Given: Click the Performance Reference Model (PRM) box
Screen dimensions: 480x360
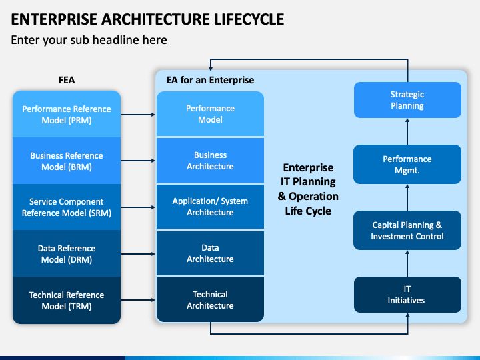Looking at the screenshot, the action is [x=67, y=114].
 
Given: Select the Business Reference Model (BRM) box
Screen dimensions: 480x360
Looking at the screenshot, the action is [x=67, y=161].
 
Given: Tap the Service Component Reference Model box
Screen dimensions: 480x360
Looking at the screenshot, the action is [x=67, y=207].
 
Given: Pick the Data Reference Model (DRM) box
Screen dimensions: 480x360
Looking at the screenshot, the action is [x=67, y=253].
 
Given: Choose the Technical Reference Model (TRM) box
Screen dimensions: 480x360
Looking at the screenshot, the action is [x=67, y=300].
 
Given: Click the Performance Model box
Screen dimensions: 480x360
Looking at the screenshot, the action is [x=210, y=113].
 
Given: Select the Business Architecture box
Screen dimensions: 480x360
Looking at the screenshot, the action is [x=210, y=161].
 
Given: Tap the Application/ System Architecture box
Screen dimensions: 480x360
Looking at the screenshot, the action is [x=210, y=207].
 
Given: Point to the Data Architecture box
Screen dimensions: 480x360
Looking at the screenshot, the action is [x=210, y=253].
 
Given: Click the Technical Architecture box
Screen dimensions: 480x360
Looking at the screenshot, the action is [x=210, y=300].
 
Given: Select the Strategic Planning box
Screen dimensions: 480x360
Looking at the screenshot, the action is [x=407, y=100].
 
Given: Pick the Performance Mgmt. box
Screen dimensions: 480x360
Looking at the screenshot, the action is [x=407, y=165].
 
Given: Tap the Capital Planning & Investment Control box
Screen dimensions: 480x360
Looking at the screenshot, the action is [x=407, y=230].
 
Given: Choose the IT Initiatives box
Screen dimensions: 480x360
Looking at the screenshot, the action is [x=407, y=295].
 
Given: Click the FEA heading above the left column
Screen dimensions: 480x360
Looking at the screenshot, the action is [x=67, y=80].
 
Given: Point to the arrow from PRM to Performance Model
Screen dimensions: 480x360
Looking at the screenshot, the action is [x=138, y=115].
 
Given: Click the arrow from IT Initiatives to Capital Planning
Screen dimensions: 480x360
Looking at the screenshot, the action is [x=407, y=263].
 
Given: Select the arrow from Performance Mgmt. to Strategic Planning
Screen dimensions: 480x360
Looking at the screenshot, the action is [x=407, y=131].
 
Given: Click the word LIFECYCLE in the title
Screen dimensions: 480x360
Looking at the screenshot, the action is [x=249, y=19].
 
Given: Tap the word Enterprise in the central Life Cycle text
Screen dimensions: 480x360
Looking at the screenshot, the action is [x=308, y=168].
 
